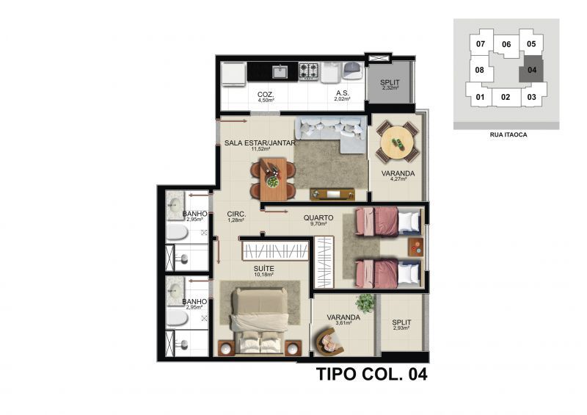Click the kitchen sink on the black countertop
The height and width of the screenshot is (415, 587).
280,71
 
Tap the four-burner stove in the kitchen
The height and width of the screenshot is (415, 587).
308,71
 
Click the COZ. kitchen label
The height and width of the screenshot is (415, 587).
266,95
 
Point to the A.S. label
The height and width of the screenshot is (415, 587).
342,93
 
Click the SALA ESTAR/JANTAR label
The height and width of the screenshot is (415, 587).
260,142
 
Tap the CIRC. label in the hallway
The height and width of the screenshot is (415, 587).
236,214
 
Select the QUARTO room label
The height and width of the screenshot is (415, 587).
318,218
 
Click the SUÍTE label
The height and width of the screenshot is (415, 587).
263,268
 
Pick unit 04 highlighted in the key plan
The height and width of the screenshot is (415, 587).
531,69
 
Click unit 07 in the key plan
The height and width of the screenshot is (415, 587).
481,44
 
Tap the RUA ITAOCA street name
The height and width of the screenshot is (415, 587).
508,134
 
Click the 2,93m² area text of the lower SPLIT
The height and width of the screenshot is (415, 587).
401,328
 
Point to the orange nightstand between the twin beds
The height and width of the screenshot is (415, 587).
416,247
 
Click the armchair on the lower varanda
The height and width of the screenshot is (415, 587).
329,342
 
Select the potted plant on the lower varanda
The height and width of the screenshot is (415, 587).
365,303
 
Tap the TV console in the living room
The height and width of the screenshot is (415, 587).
332,194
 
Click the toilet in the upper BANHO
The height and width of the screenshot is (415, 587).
177,232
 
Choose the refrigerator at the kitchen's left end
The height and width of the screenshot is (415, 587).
233,74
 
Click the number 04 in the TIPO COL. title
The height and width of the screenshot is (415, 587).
418,374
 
